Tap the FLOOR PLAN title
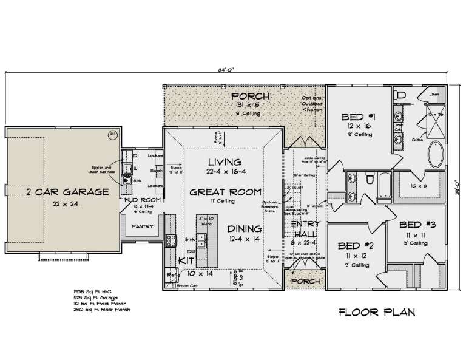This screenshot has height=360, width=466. (376, 313)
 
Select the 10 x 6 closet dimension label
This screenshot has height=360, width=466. (419, 186)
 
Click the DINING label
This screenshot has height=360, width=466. (244, 229)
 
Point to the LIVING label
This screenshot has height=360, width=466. (225, 162)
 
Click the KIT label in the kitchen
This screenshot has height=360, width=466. (186, 260)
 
